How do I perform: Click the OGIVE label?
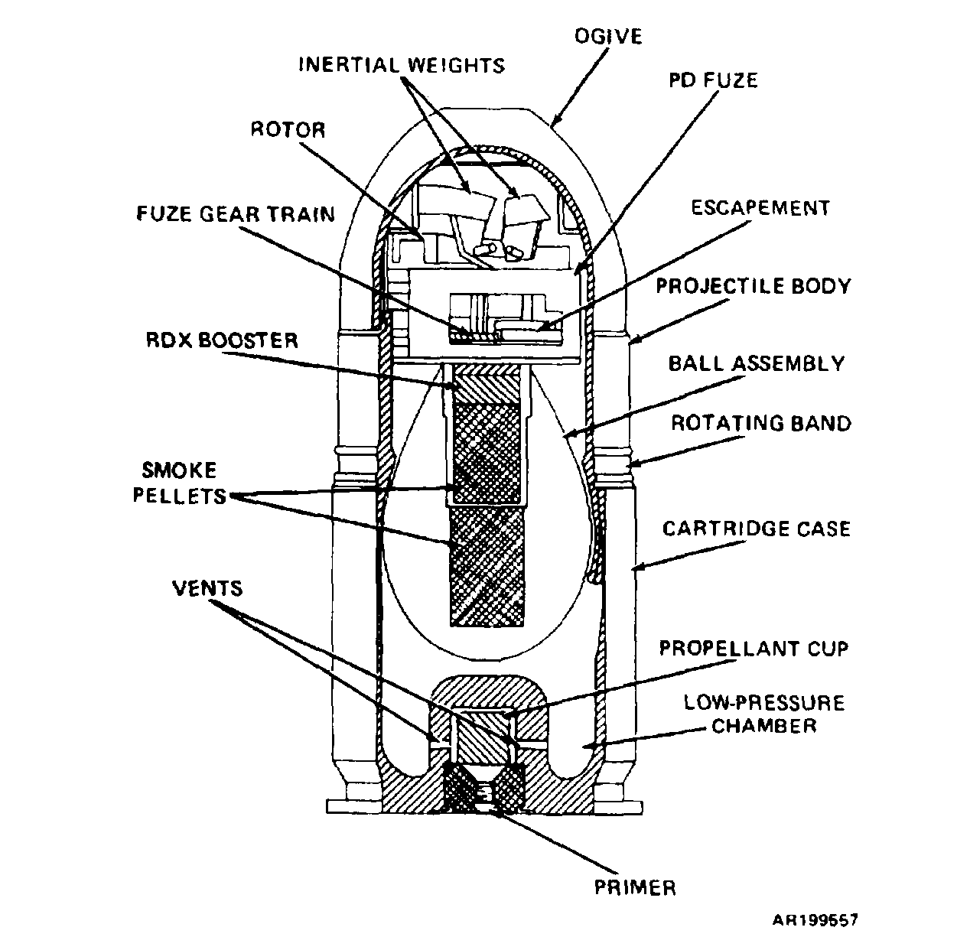[608, 36]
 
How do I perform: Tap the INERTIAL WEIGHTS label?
[402, 65]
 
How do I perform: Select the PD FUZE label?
[713, 80]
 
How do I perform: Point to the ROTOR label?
[288, 129]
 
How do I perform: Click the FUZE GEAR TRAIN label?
[236, 213]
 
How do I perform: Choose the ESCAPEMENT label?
[760, 207]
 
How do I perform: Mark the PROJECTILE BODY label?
[754, 286]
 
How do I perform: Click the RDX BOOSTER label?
[222, 340]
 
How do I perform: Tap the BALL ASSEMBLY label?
[757, 363]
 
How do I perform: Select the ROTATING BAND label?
[761, 423]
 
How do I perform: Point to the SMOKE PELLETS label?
[180, 483]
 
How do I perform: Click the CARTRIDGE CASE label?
[757, 529]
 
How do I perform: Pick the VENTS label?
[207, 588]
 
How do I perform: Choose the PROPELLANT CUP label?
[754, 648]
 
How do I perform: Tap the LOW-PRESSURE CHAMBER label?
[764, 714]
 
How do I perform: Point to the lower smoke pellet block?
[487, 567]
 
